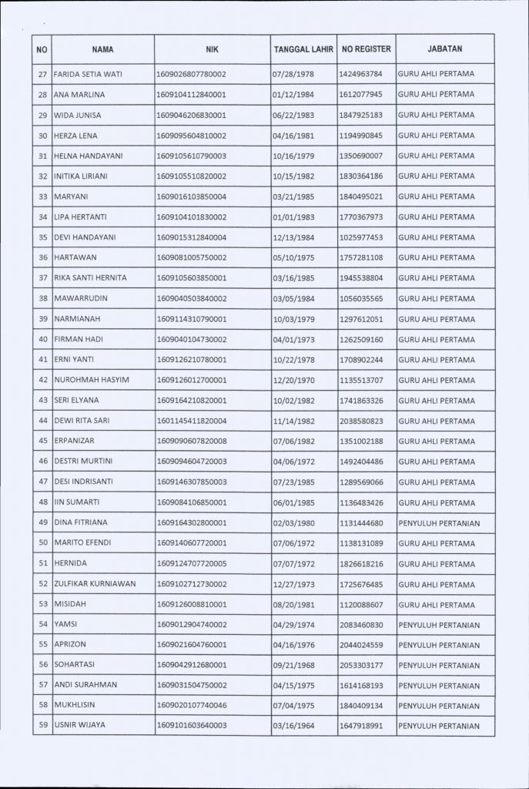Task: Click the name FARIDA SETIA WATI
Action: point(88,74)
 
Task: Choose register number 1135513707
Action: point(367,379)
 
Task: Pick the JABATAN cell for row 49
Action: point(439,522)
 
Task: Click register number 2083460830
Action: point(367,624)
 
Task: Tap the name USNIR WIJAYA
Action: point(80,725)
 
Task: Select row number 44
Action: point(43,420)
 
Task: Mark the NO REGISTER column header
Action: point(367,49)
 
